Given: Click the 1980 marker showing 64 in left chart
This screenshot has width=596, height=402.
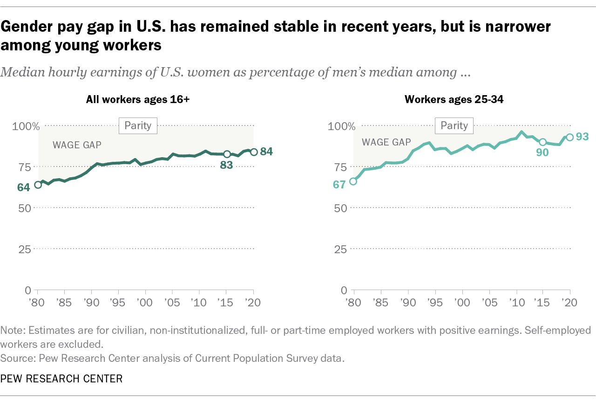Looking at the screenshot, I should coord(38,185).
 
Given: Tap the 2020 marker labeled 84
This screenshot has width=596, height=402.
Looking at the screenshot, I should coord(254,152).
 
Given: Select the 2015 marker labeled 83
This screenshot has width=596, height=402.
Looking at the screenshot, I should coord(227,154).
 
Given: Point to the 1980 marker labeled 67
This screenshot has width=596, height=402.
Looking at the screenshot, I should coord(353,181).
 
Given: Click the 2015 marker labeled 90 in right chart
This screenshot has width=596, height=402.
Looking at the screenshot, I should coord(542,142).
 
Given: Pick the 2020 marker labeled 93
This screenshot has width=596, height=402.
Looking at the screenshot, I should coord(569,137).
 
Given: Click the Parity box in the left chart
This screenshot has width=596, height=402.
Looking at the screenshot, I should coord(138,125).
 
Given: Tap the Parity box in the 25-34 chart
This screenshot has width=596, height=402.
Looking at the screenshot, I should coord(454,125).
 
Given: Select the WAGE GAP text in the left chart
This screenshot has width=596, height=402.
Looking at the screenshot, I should coord(77,145).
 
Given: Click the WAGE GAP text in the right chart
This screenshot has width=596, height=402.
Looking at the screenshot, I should coord(386,142).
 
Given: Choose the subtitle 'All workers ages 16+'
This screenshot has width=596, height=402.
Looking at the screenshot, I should coord(137,99).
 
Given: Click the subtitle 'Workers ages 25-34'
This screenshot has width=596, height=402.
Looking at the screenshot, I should coord(454,99).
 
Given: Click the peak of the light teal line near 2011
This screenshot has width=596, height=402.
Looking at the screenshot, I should coord(521,132).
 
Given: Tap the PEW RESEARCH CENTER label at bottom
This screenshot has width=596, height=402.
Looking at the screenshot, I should coord(61,379).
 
